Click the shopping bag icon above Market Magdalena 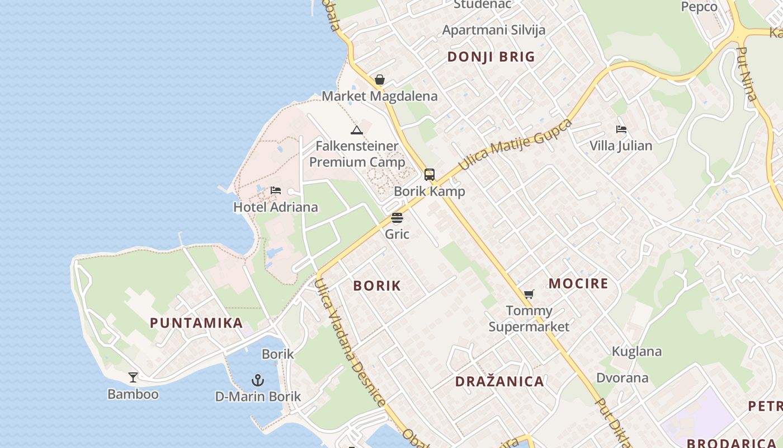pyautogui.click(x=380, y=80)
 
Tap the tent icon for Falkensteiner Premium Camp pyautogui.click(x=357, y=130)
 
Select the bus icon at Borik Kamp pyautogui.click(x=430, y=175)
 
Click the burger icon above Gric pyautogui.click(x=397, y=217)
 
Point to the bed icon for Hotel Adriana pyautogui.click(x=275, y=190)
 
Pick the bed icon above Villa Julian pyautogui.click(x=621, y=129)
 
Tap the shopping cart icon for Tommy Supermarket pyautogui.click(x=529, y=294)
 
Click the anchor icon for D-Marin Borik pyautogui.click(x=257, y=380)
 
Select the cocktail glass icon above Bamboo pyautogui.click(x=133, y=377)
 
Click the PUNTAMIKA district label pyautogui.click(x=196, y=323)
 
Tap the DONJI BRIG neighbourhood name pyautogui.click(x=491, y=57)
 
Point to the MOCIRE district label pyautogui.click(x=578, y=283)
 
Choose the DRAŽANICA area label pyautogui.click(x=499, y=382)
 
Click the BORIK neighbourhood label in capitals pyautogui.click(x=377, y=286)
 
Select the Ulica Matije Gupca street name pyautogui.click(x=515, y=144)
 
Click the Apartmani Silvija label pyautogui.click(x=494, y=30)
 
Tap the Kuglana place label pyautogui.click(x=636, y=352)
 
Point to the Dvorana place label pyautogui.click(x=622, y=377)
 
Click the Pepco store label pyautogui.click(x=699, y=7)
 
